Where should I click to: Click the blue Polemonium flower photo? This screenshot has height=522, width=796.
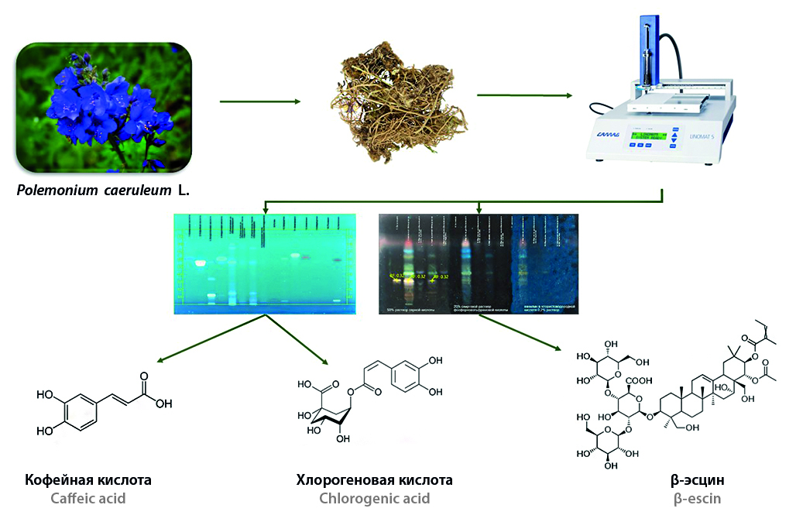pyautogui.click(x=104, y=108)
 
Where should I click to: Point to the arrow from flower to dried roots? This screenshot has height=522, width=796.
pyautogui.click(x=259, y=101)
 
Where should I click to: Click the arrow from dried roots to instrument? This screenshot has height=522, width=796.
pyautogui.click(x=524, y=96)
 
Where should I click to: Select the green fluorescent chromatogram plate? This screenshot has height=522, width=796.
pyautogui.click(x=265, y=263)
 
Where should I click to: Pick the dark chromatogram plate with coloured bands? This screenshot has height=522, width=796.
pyautogui.click(x=477, y=263)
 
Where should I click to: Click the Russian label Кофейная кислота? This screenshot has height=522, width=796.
pyautogui.click(x=88, y=480)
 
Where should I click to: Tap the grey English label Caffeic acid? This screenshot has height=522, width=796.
pyautogui.click(x=88, y=498)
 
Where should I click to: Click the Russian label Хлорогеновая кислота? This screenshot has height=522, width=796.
pyautogui.click(x=374, y=480)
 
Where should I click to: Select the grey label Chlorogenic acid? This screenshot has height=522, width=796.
pyautogui.click(x=374, y=498)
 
